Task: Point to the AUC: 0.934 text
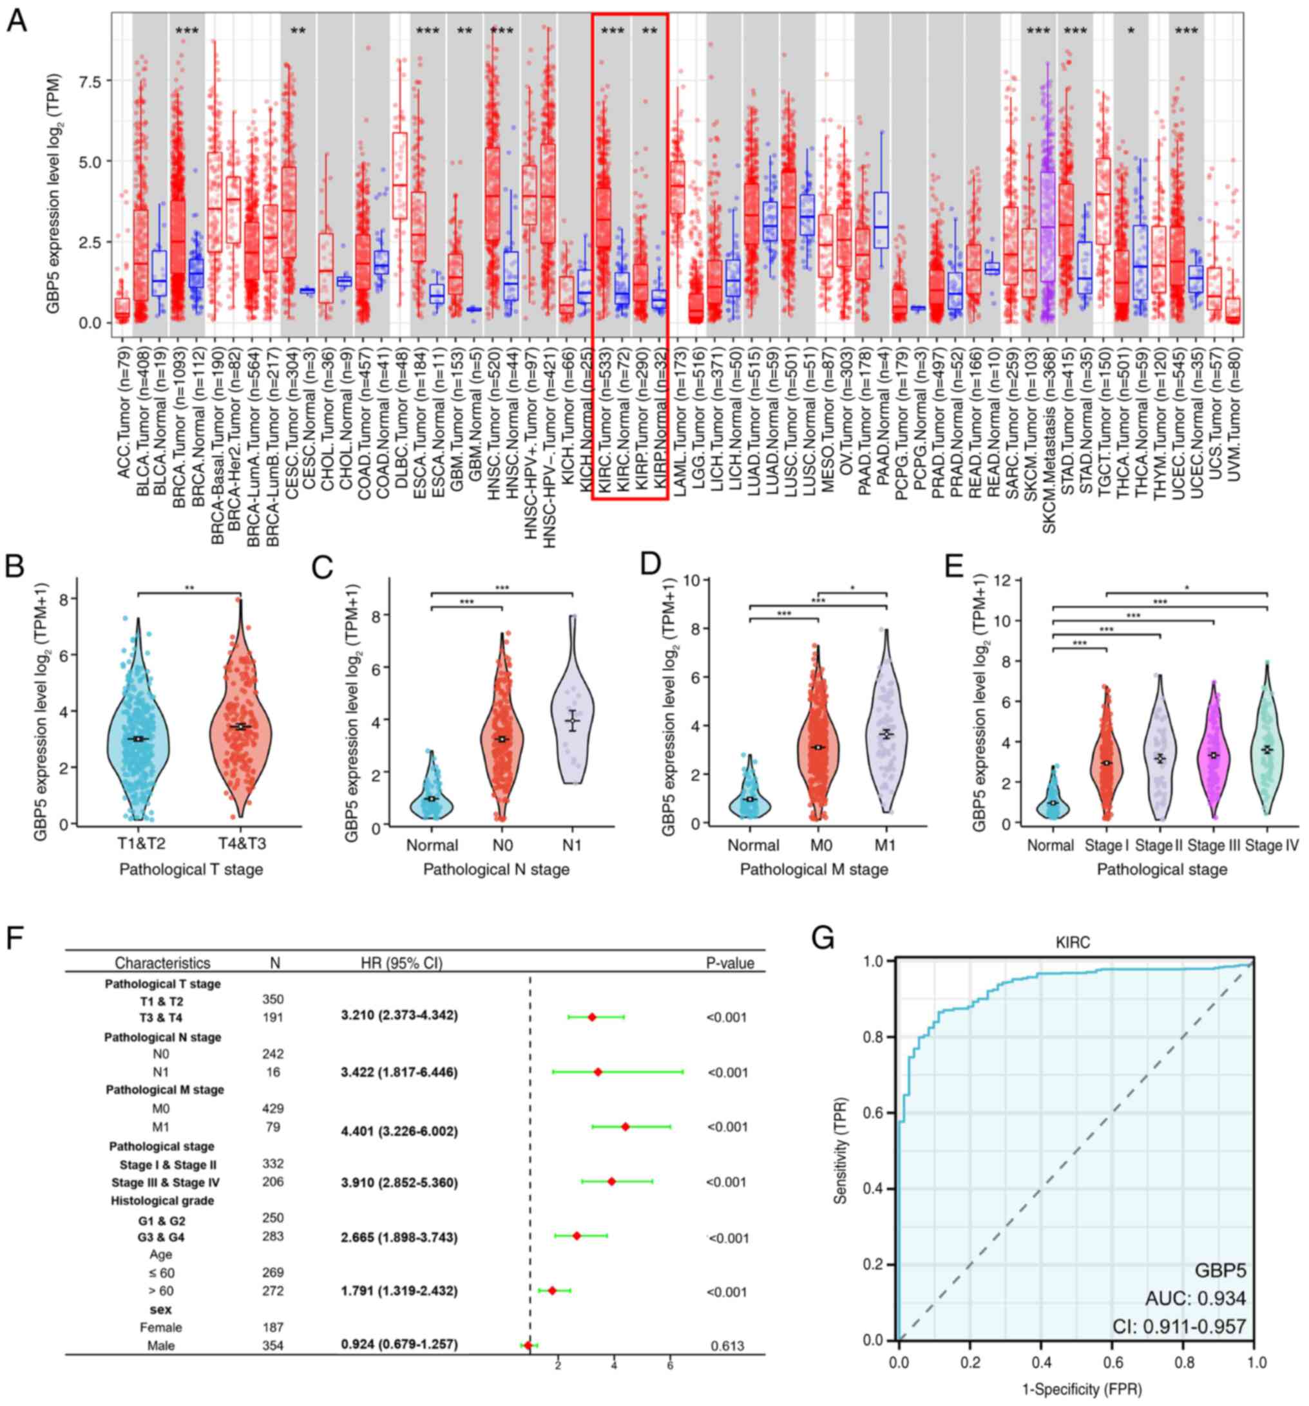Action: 1195,1298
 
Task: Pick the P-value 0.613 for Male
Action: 728,1346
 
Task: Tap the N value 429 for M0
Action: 272,1108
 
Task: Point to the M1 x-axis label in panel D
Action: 884,845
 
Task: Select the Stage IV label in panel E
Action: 1272,845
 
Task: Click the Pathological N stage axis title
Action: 496,870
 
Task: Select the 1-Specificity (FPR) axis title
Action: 1073,1389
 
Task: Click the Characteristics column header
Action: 163,963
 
